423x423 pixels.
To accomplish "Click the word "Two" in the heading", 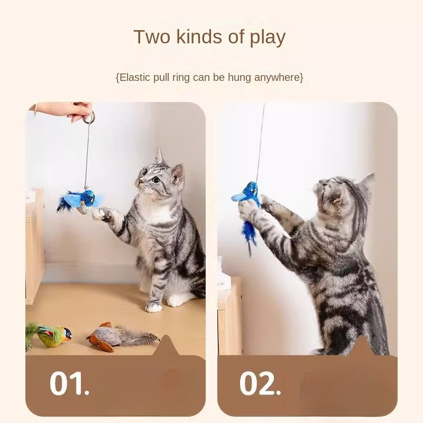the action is coord(152,36).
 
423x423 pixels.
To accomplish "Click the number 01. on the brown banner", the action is coord(69,383).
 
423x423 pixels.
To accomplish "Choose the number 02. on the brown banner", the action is coord(260,383).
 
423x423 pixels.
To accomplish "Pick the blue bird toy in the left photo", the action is coord(80,201).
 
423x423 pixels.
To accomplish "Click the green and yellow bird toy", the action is coord(51,336).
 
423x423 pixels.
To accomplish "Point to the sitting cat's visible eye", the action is coord(156,179).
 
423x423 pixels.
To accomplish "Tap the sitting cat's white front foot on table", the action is coord(153,307).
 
